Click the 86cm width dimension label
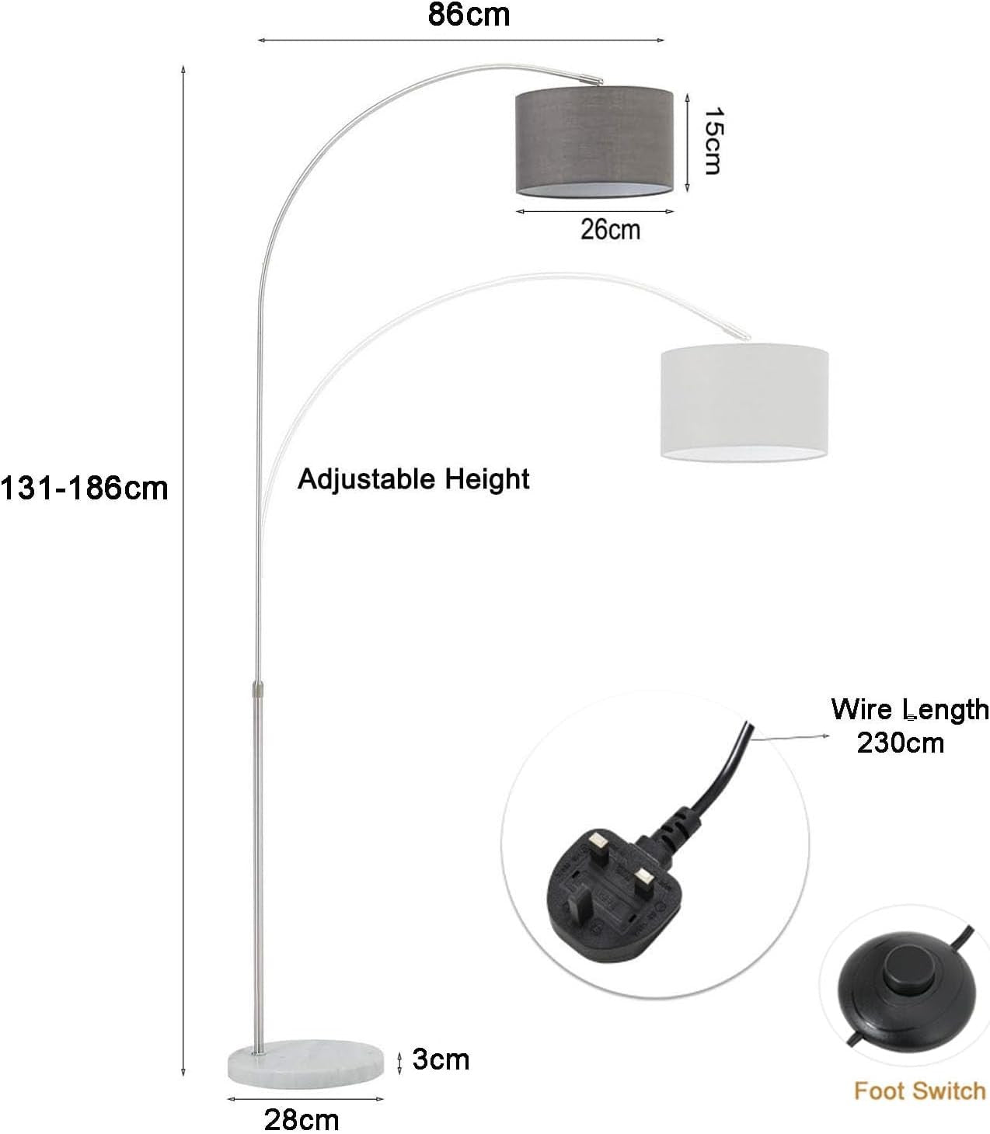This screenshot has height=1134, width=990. click(469, 15)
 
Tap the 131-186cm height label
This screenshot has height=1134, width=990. click(84, 489)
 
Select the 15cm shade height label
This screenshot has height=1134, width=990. click(713, 141)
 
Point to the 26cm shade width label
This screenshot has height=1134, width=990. click(610, 229)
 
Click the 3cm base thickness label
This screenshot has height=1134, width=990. click(441, 1059)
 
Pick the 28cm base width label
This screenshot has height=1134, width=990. click(302, 1119)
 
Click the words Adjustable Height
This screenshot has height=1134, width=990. click(413, 479)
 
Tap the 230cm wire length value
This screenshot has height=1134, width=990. click(900, 743)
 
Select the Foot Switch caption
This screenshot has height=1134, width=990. click(920, 1091)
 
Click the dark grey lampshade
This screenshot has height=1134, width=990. click(594, 141)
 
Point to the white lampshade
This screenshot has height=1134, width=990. click(744, 402)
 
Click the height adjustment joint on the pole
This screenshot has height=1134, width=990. click(258, 690)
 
